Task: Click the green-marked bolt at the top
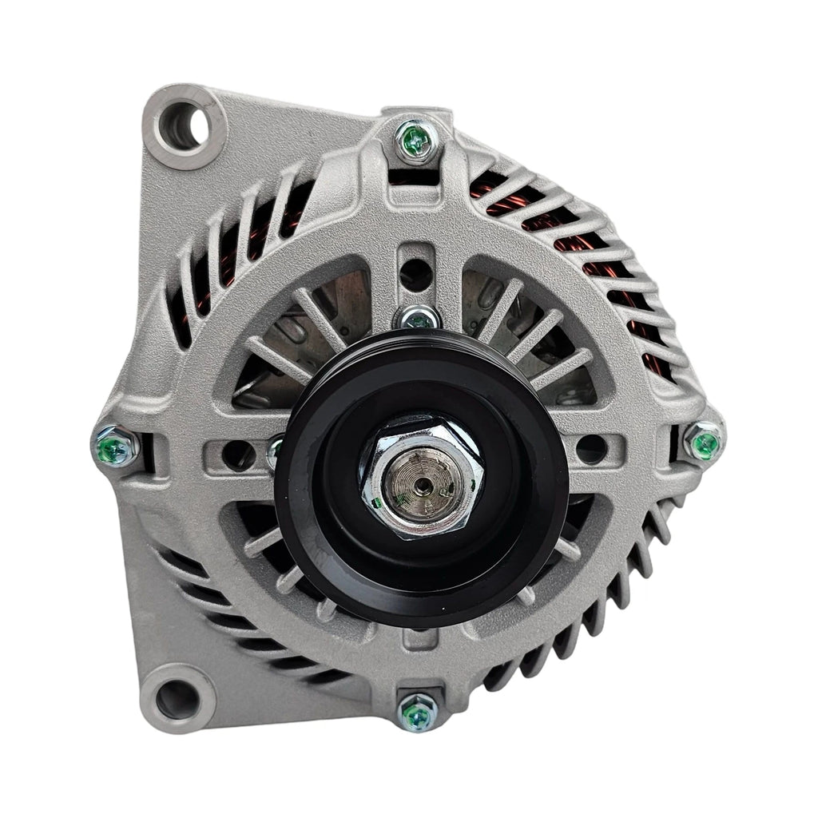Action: pos(416,141)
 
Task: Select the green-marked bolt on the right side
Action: pos(705,441)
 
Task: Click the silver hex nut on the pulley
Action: pos(422,478)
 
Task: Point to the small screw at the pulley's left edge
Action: pos(276,451)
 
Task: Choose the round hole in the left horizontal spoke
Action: pos(238,455)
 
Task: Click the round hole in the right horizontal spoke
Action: pos(591,449)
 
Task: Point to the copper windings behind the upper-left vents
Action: pos(240,240)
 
